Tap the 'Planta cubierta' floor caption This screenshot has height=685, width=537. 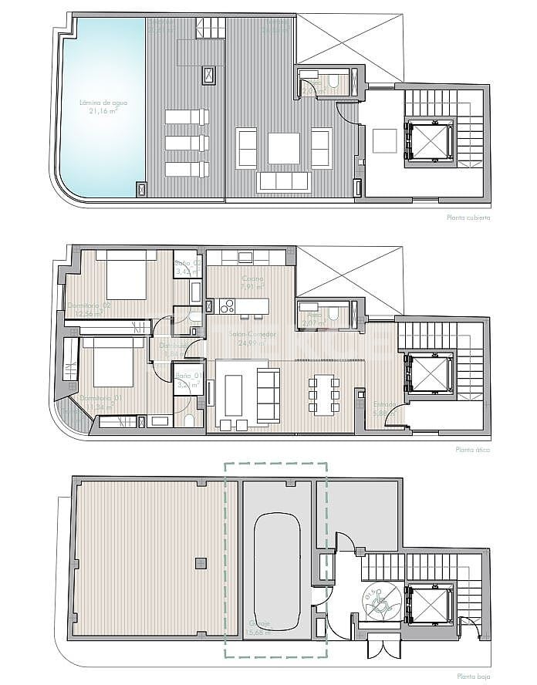click(x=468, y=218)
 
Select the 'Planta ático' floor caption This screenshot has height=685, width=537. click(x=473, y=449)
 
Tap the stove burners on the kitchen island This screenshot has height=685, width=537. click(x=227, y=306)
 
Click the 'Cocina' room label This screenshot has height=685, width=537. click(x=251, y=279)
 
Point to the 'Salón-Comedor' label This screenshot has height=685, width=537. click(x=251, y=336)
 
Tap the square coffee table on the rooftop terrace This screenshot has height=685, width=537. click(x=283, y=148)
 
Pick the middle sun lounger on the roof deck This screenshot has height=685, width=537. click(x=187, y=143)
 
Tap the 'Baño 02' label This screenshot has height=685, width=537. click(x=187, y=263)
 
